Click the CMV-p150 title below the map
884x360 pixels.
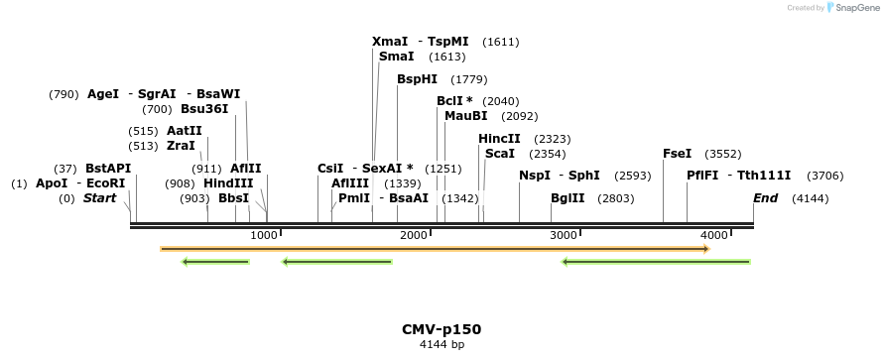(x=442, y=329)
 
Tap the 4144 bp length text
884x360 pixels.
(x=442, y=345)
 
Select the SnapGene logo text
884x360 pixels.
(x=857, y=7)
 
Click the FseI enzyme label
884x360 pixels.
(x=677, y=154)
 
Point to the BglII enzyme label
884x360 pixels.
(x=568, y=198)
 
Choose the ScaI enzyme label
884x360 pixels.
(x=499, y=154)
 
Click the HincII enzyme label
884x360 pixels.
(x=499, y=139)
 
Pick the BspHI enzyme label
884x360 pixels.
(x=417, y=79)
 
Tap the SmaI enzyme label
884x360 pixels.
(x=396, y=57)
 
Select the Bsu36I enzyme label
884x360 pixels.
(x=204, y=109)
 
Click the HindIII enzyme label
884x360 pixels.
(x=228, y=183)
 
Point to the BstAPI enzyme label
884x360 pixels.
(x=108, y=169)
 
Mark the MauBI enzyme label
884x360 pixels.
(x=465, y=116)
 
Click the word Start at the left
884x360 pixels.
(x=99, y=198)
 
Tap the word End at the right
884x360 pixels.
(x=765, y=198)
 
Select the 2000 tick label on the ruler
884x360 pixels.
(x=414, y=235)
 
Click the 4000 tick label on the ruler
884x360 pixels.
(x=713, y=235)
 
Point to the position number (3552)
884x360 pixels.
(x=722, y=154)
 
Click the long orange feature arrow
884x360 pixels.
(x=435, y=248)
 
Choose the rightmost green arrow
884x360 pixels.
(x=656, y=262)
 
